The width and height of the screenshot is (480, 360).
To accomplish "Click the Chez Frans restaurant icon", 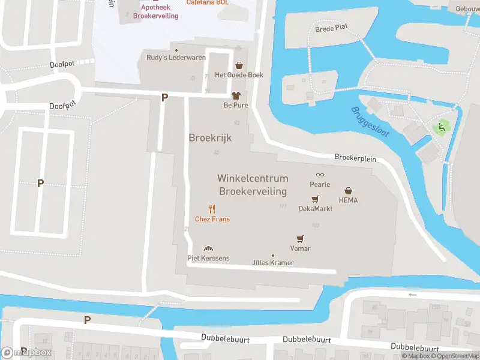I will [x=212, y=209].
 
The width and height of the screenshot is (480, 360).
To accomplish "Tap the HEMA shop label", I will [x=348, y=200].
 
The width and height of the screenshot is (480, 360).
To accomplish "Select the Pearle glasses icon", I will [x=320, y=175].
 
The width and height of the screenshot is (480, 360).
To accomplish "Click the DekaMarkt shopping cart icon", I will [x=315, y=199].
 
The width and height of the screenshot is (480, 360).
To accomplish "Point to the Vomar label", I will [x=300, y=248].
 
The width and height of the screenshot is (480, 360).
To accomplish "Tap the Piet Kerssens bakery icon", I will [x=208, y=248].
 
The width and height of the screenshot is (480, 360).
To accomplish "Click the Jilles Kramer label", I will [x=273, y=263].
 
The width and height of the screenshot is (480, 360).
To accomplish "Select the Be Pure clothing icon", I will [x=236, y=95].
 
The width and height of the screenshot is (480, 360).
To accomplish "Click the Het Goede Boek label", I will [x=239, y=75].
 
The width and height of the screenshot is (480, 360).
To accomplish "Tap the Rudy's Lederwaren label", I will [x=176, y=58].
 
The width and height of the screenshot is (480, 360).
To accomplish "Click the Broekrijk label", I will [x=210, y=138].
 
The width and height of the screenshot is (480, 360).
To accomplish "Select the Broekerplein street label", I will [x=355, y=157].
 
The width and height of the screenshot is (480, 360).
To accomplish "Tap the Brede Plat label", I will [x=331, y=28].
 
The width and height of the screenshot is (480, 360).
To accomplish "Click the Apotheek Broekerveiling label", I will [x=155, y=12].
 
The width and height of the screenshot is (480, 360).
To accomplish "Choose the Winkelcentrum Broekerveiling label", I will [x=253, y=185].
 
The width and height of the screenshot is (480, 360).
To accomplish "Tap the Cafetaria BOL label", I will [x=208, y=2].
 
